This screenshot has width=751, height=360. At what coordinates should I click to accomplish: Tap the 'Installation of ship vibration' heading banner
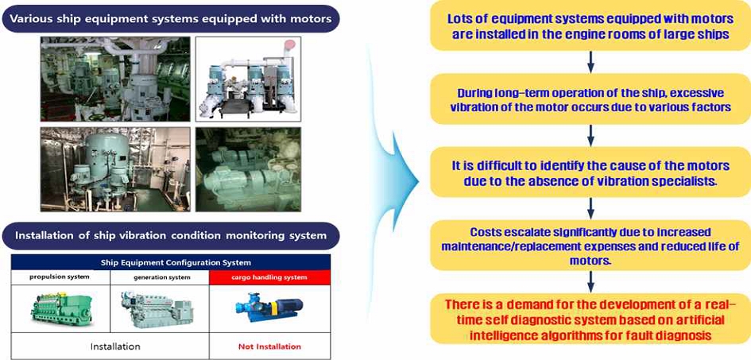[x=171, y=235]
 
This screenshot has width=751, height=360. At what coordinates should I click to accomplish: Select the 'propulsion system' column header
[x=60, y=277]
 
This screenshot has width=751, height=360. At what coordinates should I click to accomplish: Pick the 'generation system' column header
[x=160, y=277]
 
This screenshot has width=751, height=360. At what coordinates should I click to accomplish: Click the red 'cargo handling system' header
[x=269, y=277]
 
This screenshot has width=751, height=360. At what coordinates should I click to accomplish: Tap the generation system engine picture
[x=157, y=310]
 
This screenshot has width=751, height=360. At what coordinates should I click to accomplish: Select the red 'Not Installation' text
[x=270, y=346]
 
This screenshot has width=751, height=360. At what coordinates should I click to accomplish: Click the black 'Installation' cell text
[x=115, y=346]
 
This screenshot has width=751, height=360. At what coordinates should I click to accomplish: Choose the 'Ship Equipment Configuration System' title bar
[x=171, y=262]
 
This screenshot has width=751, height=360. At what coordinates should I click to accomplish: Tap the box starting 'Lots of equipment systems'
[x=590, y=27]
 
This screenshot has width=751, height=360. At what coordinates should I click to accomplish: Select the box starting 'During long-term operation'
[x=590, y=99]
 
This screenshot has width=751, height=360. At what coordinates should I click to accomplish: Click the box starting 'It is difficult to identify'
[x=590, y=172]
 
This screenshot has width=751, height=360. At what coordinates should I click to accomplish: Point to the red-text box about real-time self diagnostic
[x=590, y=319]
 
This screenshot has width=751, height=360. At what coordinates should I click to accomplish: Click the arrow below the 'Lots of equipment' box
[x=590, y=63]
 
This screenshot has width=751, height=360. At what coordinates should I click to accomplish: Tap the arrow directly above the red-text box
[x=590, y=282]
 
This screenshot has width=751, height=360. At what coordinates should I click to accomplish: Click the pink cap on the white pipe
[x=290, y=45]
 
